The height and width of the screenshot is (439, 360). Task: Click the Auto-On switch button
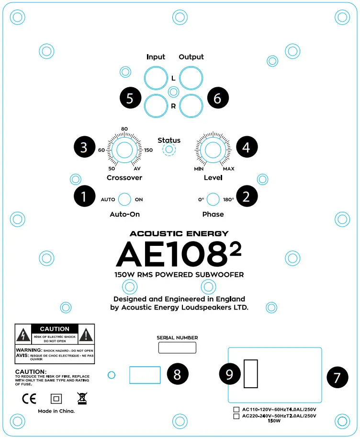124,199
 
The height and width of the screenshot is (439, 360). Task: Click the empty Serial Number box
177,348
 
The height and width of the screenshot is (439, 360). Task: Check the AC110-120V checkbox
236,410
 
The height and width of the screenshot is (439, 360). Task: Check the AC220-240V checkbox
236,416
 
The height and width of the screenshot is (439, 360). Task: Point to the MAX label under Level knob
228,169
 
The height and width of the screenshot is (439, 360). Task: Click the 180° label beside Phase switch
228,199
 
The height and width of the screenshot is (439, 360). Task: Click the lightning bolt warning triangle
23,334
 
